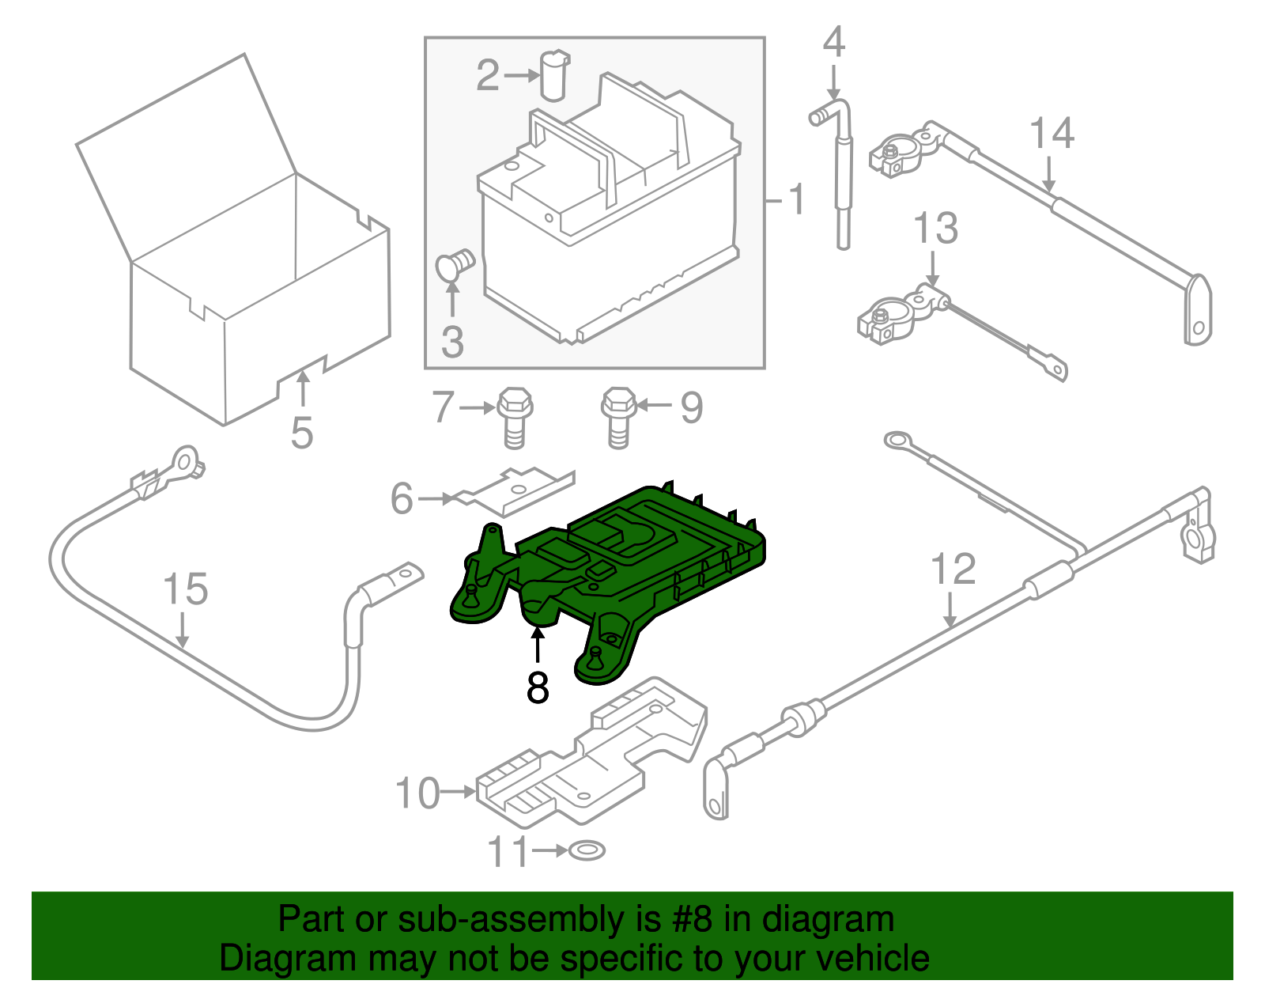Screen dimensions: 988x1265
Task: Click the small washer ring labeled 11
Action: click(587, 851)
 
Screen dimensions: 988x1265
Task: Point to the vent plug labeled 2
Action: click(555, 75)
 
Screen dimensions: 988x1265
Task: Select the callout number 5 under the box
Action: click(302, 433)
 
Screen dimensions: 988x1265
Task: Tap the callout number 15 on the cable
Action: click(185, 590)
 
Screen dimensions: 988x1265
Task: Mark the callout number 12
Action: click(953, 570)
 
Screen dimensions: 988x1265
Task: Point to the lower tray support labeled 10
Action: click(589, 759)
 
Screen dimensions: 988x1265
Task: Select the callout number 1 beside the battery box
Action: click(796, 199)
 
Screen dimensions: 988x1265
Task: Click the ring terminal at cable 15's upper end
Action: click(183, 462)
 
